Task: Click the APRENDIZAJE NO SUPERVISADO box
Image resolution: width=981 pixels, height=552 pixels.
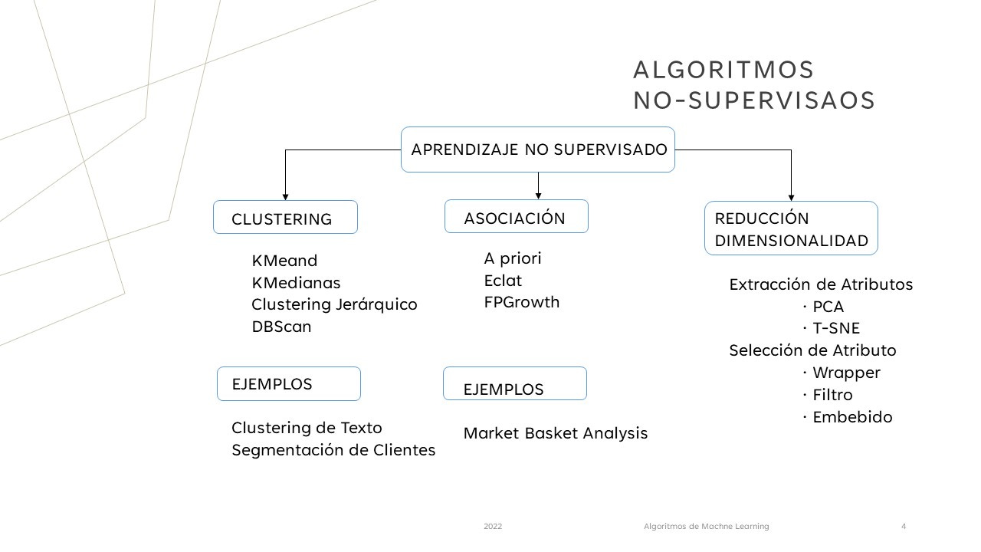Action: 538,149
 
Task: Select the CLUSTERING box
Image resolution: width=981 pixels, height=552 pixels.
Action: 285,218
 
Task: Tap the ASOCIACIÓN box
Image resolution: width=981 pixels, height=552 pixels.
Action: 516,217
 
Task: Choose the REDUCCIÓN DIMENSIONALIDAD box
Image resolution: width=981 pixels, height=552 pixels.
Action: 791,228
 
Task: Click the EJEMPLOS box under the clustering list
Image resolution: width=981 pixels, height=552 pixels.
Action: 289,383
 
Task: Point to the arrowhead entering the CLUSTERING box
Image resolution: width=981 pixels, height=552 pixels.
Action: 285,197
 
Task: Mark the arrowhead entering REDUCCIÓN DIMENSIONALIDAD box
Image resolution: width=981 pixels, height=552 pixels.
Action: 791,198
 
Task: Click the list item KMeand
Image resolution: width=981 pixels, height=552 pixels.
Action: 284,261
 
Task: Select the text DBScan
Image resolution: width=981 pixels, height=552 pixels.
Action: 281,327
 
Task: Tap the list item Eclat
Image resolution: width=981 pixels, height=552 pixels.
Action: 503,281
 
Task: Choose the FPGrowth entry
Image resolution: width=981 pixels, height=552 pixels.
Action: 522,302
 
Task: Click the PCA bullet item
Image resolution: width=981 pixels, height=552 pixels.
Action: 828,307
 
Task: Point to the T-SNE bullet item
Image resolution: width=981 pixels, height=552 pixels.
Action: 836,329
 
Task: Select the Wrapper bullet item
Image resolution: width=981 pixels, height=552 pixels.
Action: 846,373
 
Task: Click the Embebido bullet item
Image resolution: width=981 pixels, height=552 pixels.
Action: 852,418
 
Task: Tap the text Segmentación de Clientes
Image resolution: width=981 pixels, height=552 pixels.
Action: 333,450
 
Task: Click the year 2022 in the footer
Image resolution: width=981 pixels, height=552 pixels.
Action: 493,527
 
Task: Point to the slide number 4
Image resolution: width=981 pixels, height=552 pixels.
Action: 904,527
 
